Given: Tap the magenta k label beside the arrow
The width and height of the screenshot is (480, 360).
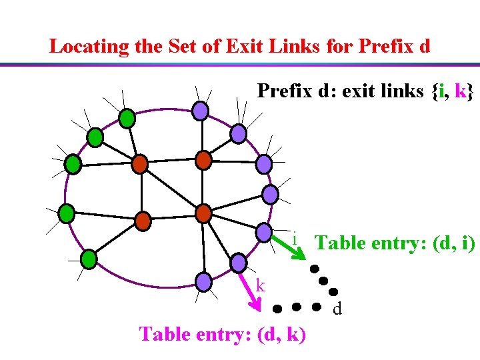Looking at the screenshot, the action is (261, 285).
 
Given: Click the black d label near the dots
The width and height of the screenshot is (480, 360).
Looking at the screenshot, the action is (337, 309).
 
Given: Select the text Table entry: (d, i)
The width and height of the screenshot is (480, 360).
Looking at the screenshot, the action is (395, 243).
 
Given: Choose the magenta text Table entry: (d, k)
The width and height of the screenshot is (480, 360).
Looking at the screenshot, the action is (223, 333).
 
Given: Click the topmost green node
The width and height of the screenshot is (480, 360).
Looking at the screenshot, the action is (127, 118).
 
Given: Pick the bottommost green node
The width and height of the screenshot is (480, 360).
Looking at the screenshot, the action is (88, 258).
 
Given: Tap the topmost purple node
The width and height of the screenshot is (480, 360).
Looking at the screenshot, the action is (200, 110).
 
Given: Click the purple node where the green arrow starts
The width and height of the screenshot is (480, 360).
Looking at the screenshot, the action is (264, 233).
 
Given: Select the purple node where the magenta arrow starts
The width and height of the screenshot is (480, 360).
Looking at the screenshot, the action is (204, 281).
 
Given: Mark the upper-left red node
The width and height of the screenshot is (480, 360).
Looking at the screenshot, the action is (139, 163).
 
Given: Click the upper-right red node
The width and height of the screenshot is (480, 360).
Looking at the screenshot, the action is (203, 160).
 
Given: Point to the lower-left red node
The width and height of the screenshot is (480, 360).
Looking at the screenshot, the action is (143, 220).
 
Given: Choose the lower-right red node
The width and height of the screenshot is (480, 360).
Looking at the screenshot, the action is (203, 213).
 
